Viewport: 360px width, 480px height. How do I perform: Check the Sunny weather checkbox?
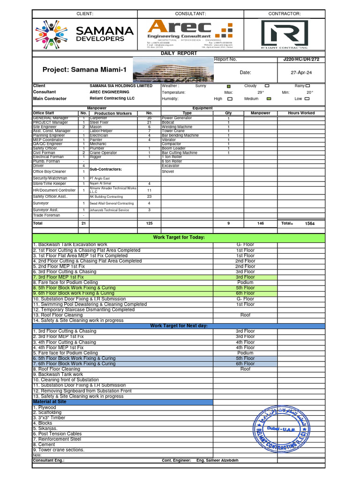(x=229, y=86)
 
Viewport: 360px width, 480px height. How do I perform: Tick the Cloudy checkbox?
(x=267, y=86)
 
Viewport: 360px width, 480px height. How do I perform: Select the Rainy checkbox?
(x=307, y=86)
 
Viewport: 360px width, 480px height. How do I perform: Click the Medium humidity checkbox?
(x=269, y=99)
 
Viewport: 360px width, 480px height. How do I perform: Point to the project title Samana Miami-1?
(x=85, y=70)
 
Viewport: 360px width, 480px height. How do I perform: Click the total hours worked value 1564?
(x=310, y=224)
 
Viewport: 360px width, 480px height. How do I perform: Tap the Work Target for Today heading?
(x=179, y=238)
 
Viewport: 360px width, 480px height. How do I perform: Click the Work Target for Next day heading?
(x=179, y=326)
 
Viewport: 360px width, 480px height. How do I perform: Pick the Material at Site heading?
(x=50, y=402)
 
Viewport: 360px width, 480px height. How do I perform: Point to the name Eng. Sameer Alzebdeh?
(x=217, y=460)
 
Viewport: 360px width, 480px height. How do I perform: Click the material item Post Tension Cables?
(x=57, y=434)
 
